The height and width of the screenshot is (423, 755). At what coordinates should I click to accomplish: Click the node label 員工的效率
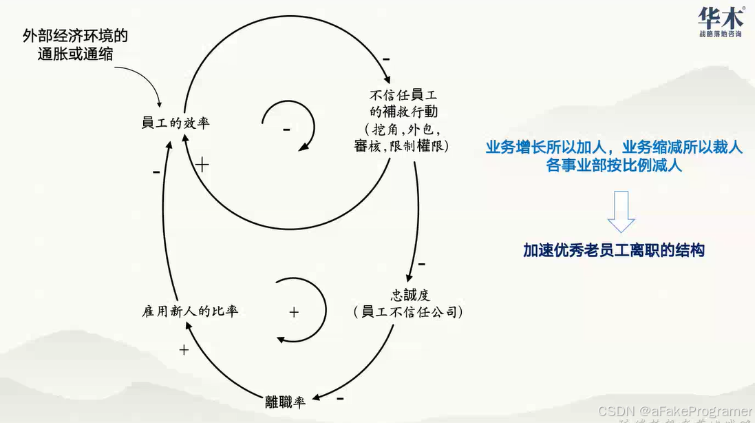pyautogui.click(x=176, y=124)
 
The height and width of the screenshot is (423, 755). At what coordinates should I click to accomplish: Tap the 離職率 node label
pyautogui.click(x=285, y=402)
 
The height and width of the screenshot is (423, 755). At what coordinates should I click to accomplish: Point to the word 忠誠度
pyautogui.click(x=410, y=295)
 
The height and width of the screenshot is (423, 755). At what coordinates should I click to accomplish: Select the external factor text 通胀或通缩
pyautogui.click(x=76, y=54)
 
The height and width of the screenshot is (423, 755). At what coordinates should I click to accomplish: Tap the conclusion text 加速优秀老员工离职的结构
pyautogui.click(x=613, y=250)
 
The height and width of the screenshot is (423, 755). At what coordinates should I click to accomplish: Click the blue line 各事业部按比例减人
pyautogui.click(x=614, y=165)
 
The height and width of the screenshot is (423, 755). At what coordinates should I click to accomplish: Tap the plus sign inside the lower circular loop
pyautogui.click(x=294, y=312)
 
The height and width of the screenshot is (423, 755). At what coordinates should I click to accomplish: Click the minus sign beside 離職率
pyautogui.click(x=340, y=398)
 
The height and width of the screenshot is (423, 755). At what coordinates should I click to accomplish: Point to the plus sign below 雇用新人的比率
pyautogui.click(x=184, y=350)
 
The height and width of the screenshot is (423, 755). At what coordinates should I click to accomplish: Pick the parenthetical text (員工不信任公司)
pyautogui.click(x=407, y=312)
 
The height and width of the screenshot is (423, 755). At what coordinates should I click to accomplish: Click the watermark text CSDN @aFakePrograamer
pyautogui.click(x=675, y=411)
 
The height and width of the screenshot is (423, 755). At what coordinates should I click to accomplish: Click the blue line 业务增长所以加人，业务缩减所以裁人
pyautogui.click(x=614, y=147)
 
